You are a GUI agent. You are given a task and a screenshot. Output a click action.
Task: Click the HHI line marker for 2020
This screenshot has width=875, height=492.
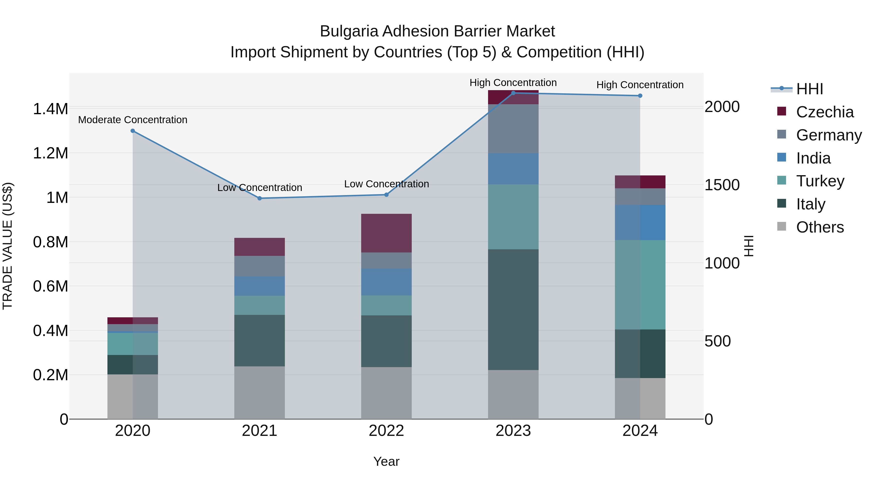tap(133, 131)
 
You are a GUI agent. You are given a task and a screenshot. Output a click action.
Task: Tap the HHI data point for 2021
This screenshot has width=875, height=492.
tap(260, 198)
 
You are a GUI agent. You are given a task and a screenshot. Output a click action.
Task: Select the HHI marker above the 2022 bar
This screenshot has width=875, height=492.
tap(386, 195)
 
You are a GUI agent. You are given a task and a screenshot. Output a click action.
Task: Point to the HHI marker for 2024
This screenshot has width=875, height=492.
tap(640, 96)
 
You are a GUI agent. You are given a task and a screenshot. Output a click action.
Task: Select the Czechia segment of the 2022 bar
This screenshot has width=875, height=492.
tap(386, 233)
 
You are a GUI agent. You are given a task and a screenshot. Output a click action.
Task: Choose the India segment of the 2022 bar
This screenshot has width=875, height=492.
tap(386, 282)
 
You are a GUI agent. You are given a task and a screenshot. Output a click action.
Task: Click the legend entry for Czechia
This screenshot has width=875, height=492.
tap(825, 112)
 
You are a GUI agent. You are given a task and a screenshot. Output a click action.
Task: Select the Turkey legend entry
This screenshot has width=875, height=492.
tap(820, 181)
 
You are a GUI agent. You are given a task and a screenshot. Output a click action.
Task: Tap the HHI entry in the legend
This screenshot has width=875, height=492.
tap(809, 89)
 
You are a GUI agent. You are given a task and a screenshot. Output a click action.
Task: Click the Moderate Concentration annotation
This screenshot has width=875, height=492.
tap(133, 120)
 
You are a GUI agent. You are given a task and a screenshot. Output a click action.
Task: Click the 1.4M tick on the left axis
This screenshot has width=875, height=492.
tap(50, 109)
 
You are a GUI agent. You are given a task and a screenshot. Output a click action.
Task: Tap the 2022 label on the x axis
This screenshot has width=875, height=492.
tap(386, 431)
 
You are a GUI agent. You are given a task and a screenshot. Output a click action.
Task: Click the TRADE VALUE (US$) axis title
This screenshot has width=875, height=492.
tap(8, 246)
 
